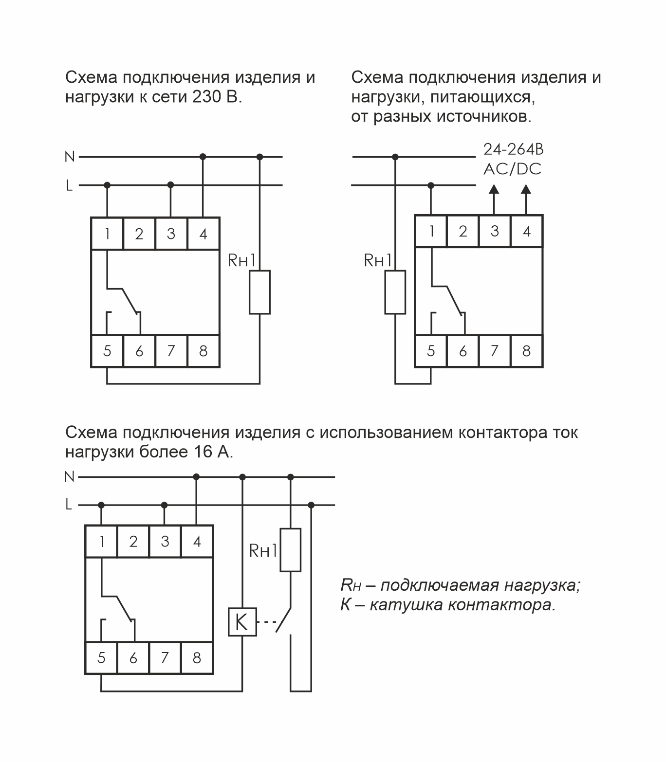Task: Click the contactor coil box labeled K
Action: tap(242, 622)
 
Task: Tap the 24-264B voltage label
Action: tap(513, 149)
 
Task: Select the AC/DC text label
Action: tap(512, 169)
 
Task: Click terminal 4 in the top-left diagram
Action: tap(203, 234)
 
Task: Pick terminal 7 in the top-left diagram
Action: tap(171, 350)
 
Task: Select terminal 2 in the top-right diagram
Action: tap(462, 231)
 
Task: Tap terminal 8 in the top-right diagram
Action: tap(526, 350)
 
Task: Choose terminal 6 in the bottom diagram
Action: tap(133, 658)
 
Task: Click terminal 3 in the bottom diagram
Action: tap(165, 541)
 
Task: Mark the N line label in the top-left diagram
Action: tap(70, 157)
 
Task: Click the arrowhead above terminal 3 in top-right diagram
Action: tap(494, 189)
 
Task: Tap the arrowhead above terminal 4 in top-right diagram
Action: tap(526, 189)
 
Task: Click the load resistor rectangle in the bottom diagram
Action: tap(290, 550)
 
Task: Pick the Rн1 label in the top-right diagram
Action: tap(378, 261)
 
